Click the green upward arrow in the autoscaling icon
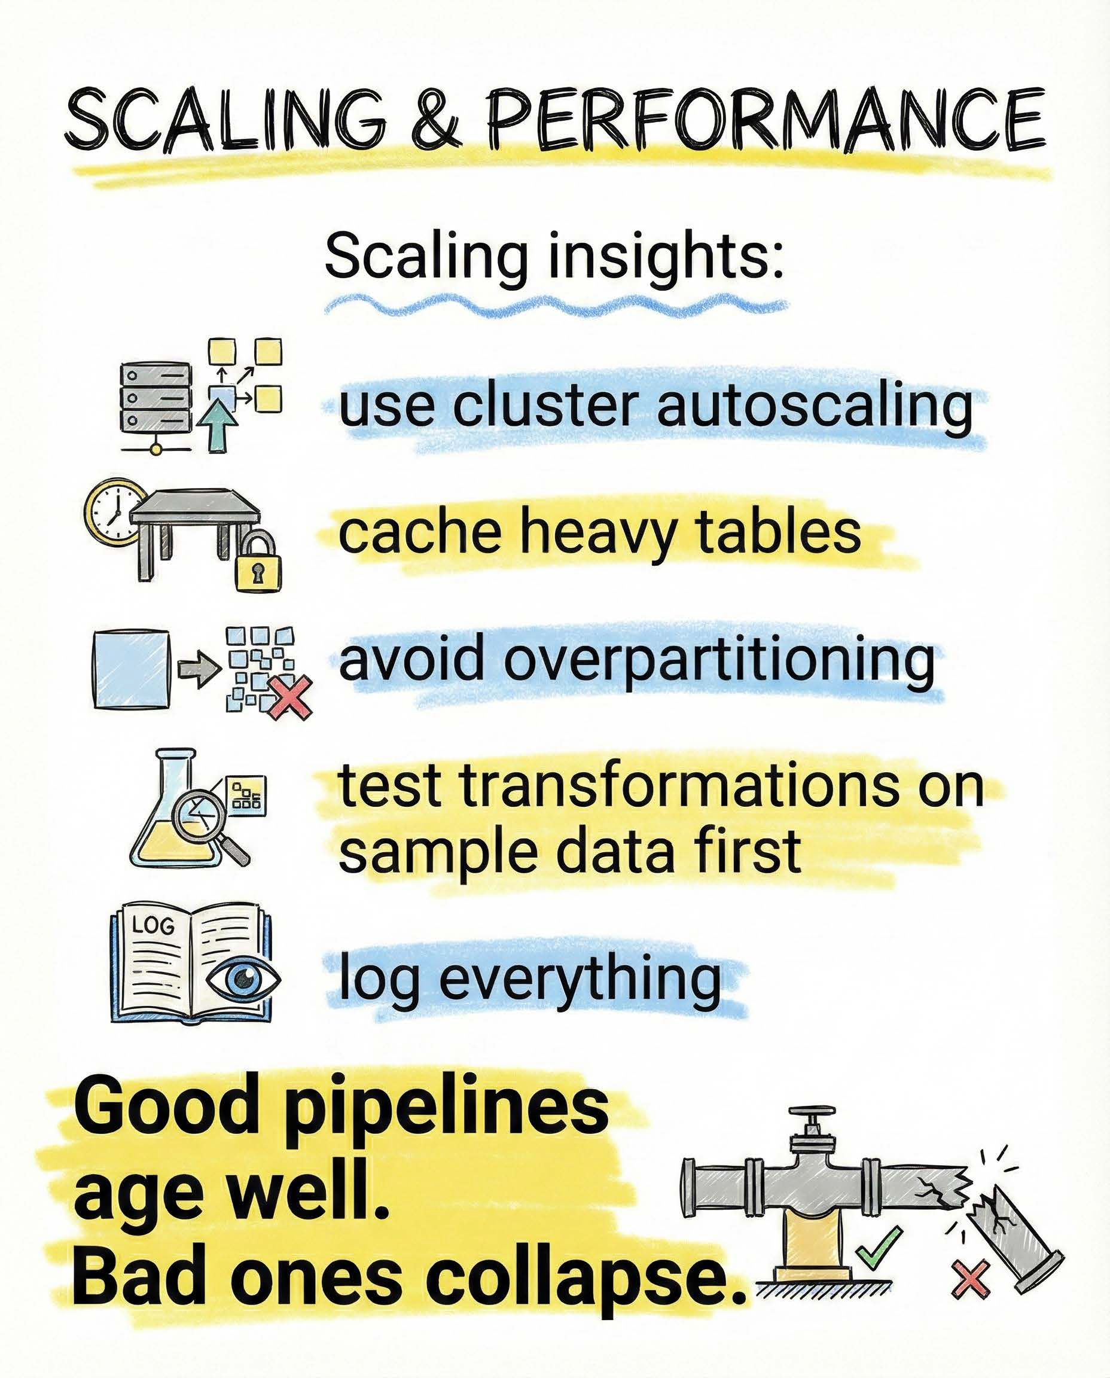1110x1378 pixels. [x=218, y=428]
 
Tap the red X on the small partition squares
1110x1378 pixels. [x=290, y=697]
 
